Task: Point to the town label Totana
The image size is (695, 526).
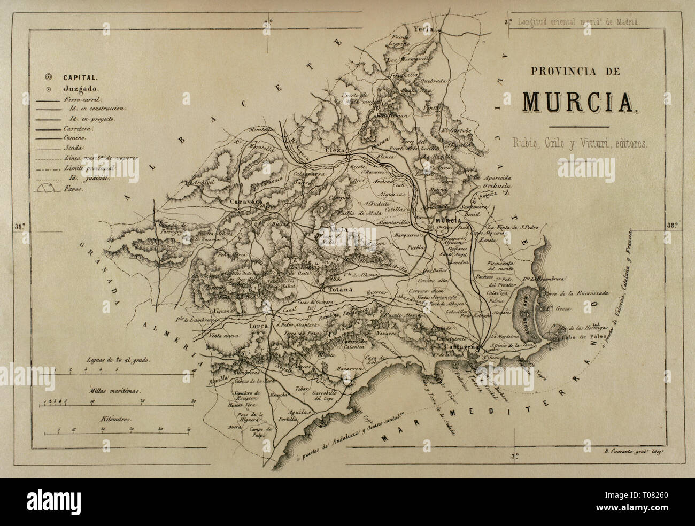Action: pyautogui.click(x=337, y=289)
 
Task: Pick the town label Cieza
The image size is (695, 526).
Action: pyautogui.click(x=335, y=151)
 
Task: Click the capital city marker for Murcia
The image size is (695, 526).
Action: pyautogui.click(x=431, y=227)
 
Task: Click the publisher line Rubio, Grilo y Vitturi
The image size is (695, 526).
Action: pyautogui.click(x=578, y=143)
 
